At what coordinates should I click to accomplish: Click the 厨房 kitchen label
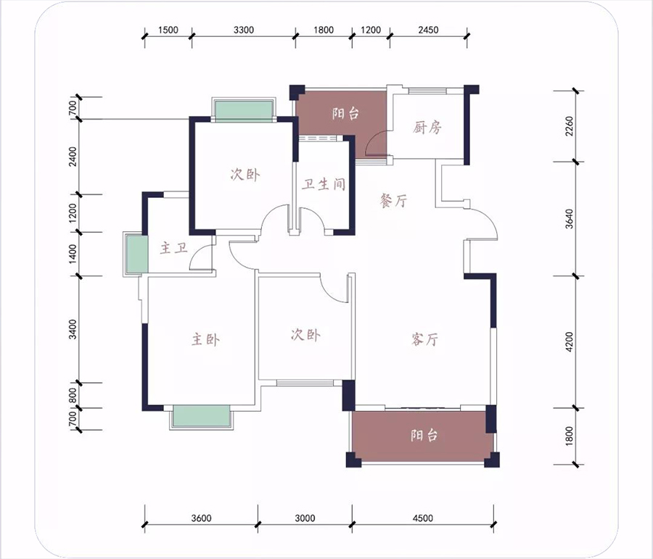427,127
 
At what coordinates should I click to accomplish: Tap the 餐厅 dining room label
393,201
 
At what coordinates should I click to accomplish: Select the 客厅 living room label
424,339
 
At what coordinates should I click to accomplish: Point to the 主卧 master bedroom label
206,339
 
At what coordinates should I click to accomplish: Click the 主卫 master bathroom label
174,249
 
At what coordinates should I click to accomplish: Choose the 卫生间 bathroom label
324,183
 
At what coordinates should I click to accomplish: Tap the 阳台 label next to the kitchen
345,113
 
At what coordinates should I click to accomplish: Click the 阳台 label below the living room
424,435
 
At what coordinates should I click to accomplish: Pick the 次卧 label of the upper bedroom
245,174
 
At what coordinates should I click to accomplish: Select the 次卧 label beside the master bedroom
305,335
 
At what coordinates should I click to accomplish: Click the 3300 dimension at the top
244,30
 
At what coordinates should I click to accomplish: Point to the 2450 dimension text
428,30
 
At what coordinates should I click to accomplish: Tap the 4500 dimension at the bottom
423,518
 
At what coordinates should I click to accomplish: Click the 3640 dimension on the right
570,218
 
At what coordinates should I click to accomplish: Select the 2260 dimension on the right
570,125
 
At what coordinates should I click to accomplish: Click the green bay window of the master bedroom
201,416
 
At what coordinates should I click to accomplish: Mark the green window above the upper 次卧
244,110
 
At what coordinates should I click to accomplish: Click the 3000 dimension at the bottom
305,518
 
